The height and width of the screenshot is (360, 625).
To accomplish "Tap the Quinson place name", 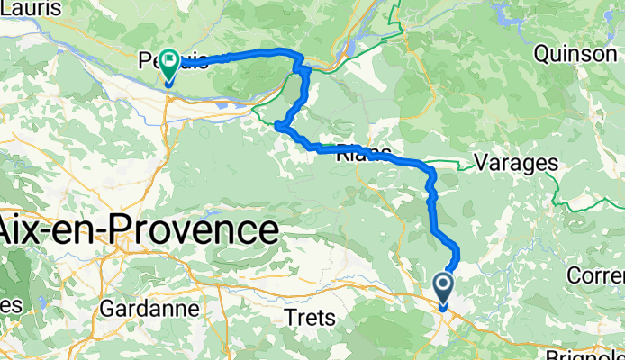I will (x=575, y=54).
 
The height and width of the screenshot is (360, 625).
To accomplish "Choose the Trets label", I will (x=310, y=318).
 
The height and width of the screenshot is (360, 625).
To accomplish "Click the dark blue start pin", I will (x=445, y=290).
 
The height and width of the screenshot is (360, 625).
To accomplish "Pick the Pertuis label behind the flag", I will (x=175, y=62).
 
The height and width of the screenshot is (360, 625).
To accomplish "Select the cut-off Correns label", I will (x=598, y=273).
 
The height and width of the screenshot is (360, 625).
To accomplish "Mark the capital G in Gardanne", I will (x=107, y=308).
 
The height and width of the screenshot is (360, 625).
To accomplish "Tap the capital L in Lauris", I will (x=6, y=8).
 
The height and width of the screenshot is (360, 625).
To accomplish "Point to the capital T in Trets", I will (x=289, y=318).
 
